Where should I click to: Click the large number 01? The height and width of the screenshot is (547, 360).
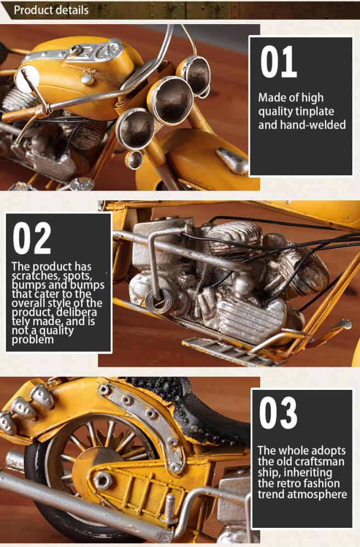278,62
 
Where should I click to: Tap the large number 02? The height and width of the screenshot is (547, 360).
32,238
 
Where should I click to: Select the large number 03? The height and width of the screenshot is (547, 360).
278,413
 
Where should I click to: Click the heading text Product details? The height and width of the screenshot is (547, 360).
51,10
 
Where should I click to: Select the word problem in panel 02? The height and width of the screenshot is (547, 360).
33,339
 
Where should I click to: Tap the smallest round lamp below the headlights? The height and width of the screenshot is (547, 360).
134,160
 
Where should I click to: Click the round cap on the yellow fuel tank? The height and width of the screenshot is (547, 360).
88,80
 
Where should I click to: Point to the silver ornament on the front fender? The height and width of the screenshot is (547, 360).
232,160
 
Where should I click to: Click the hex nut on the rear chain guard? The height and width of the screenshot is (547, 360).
103,480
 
